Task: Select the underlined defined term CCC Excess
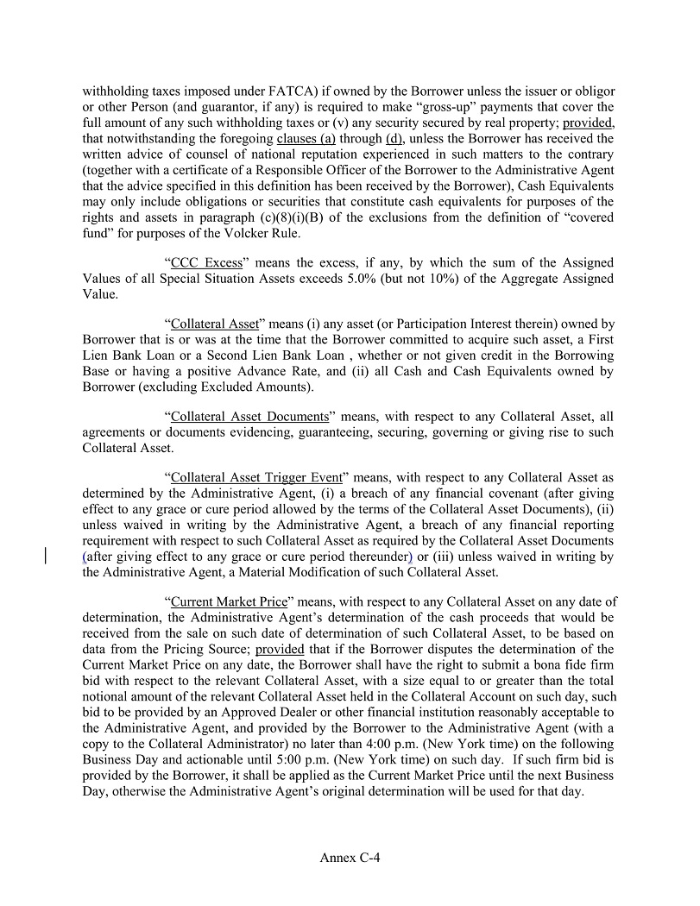pyautogui.click(x=206, y=262)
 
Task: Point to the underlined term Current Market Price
pyautogui.click(x=228, y=602)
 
